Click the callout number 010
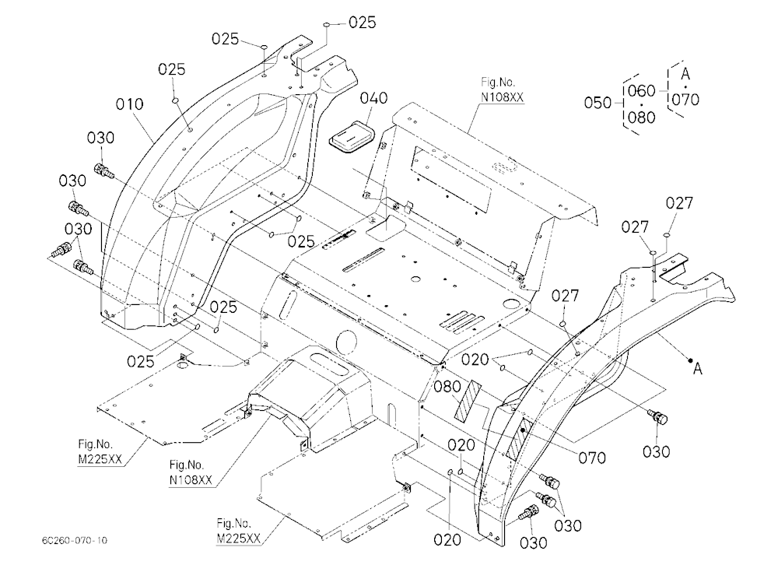click(129, 104)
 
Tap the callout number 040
click(373, 98)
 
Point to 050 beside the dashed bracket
click(598, 103)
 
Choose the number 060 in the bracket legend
click(642, 91)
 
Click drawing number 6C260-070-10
click(75, 540)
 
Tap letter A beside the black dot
click(698, 369)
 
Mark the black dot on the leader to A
click(690, 360)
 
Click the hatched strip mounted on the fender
click(518, 437)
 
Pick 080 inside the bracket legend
click(642, 118)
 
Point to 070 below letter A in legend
click(685, 100)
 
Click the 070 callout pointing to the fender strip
click(592, 458)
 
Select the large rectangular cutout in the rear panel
click(450, 180)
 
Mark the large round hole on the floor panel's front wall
click(347, 342)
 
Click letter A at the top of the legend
click(685, 74)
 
